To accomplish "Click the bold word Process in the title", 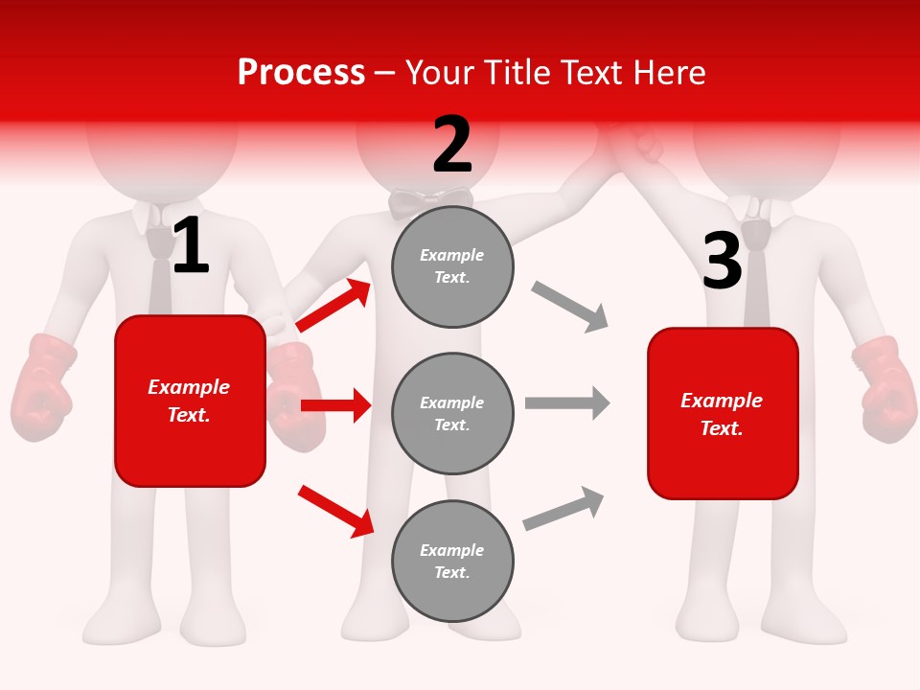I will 301,73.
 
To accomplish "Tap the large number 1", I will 191,245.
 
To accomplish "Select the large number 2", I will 452,145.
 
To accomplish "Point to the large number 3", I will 723,261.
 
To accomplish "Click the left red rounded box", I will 190,401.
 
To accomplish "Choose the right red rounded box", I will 723,413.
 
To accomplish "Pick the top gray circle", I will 452,266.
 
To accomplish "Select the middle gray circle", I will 452,413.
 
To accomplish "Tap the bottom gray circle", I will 452,561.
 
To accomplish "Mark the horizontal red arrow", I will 335,405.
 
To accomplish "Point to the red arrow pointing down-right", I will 335,510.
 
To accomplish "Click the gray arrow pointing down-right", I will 570,306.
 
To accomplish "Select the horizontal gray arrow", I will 567,402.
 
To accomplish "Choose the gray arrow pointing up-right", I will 563,509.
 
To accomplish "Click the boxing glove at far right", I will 884,387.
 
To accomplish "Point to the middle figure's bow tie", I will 431,202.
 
